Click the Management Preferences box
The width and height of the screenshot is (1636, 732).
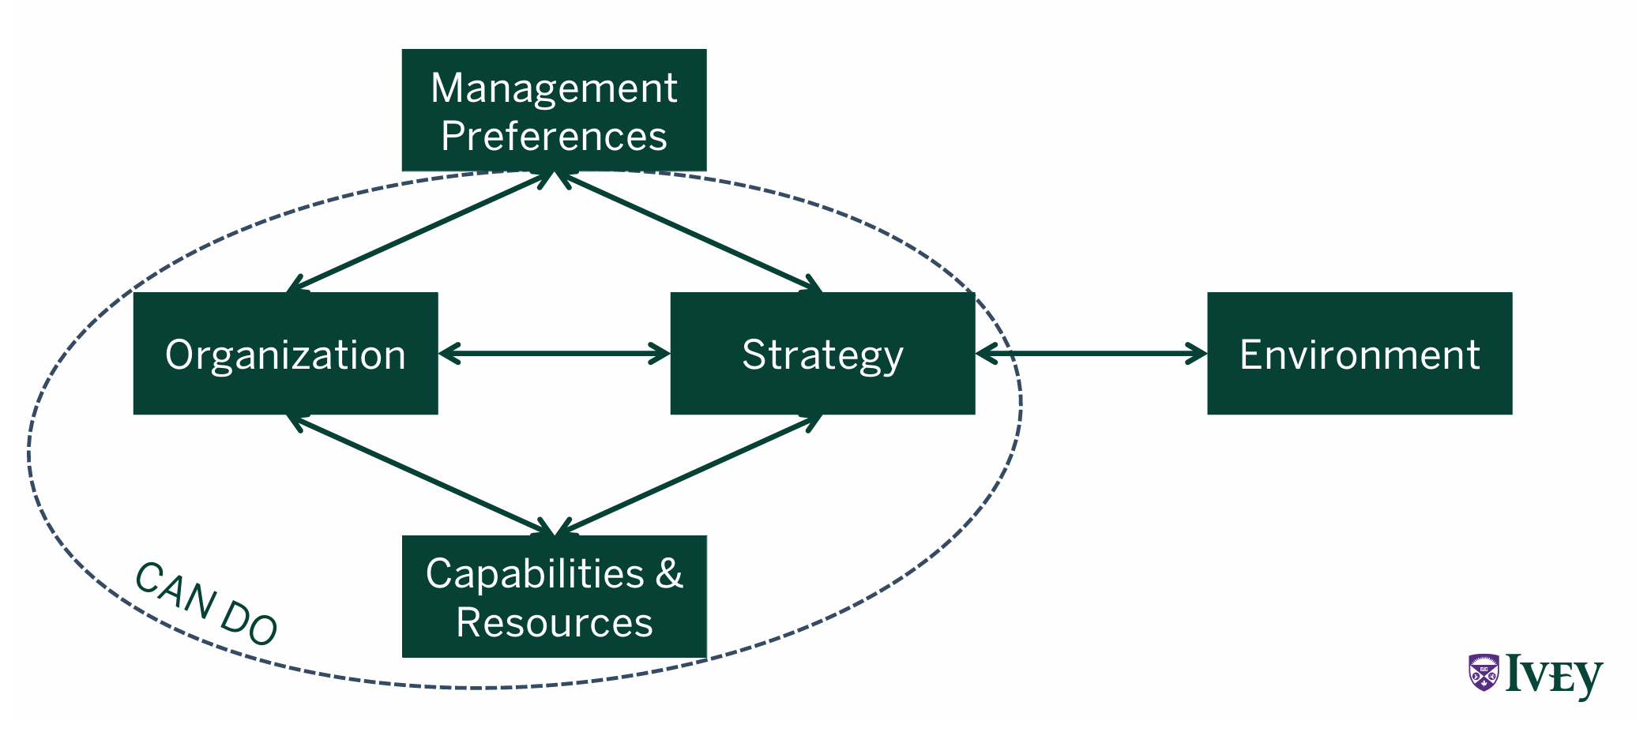(554, 111)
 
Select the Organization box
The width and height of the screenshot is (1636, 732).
(285, 354)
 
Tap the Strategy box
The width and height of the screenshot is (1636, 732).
(822, 354)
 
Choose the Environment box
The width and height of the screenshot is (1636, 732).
(1360, 354)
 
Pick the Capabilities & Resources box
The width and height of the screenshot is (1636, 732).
(554, 597)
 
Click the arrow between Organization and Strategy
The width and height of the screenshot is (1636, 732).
(554, 354)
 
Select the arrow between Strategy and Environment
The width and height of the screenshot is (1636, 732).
(1091, 354)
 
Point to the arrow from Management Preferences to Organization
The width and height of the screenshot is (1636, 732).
(419, 232)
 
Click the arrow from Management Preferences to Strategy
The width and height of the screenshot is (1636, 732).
(689, 231)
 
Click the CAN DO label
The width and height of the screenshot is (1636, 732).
(206, 605)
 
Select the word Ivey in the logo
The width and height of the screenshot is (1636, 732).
(1554, 676)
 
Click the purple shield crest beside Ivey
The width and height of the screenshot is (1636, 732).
(1484, 673)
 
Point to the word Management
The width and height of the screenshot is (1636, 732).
(554, 88)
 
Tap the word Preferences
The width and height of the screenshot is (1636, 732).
(554, 136)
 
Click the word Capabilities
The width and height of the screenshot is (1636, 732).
(535, 573)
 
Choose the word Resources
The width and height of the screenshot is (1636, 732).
(555, 622)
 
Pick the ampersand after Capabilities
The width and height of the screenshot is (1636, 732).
(669, 573)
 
